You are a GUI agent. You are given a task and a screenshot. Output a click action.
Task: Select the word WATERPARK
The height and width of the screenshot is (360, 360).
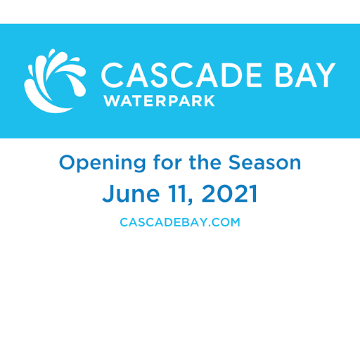coord(159,101)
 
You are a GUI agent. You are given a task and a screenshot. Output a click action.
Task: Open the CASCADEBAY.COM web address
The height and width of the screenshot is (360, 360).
coord(180,222)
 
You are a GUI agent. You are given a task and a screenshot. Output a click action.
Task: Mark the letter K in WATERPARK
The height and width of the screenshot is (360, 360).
coord(210,101)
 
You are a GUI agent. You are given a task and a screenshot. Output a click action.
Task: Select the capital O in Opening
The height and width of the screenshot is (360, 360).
coord(67,162)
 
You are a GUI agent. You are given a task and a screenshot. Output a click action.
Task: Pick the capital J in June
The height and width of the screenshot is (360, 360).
coord(108,193)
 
